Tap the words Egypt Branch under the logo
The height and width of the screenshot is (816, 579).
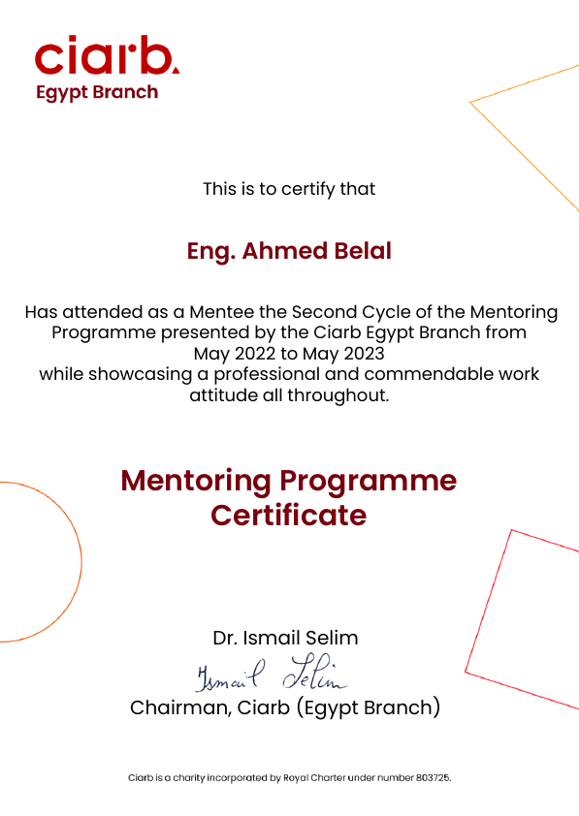96,93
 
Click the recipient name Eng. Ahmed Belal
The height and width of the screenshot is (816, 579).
289,251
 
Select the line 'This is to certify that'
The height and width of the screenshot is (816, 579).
289,189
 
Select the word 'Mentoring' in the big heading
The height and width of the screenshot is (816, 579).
195,480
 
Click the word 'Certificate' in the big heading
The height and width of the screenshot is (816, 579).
289,515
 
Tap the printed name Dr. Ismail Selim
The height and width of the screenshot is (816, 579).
285,638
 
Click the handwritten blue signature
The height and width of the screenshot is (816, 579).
272,672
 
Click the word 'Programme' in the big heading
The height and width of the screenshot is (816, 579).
368,480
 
